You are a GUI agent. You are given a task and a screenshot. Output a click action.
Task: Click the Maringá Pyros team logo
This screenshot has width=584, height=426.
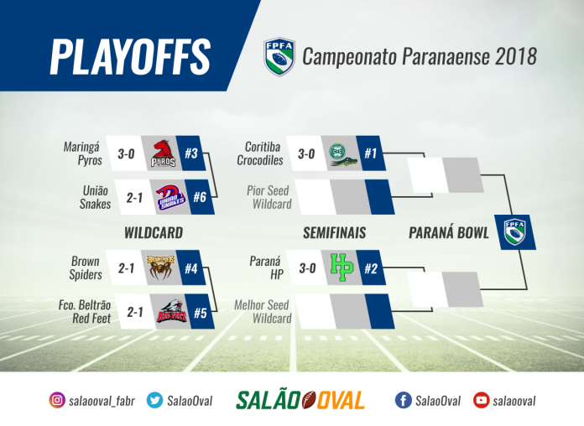click(163, 153)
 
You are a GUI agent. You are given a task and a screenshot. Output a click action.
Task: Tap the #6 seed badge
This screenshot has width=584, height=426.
click(201, 197)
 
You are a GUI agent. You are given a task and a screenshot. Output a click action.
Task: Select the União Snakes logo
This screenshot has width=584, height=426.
click(170, 197)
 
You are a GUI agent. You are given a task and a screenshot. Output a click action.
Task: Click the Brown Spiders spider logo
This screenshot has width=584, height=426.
click(160, 268)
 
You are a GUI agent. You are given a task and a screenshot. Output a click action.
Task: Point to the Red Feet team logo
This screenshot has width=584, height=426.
click(171, 312)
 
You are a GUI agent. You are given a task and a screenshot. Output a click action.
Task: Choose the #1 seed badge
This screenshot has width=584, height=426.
click(371, 153)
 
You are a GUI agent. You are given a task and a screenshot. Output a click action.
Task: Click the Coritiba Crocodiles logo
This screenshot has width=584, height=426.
click(342, 153)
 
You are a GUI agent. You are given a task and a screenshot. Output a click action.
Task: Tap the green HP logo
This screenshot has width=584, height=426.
click(342, 268)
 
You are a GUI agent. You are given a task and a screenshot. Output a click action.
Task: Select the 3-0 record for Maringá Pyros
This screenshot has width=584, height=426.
click(126, 153)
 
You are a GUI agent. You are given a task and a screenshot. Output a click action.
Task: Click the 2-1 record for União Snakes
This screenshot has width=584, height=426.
click(134, 197)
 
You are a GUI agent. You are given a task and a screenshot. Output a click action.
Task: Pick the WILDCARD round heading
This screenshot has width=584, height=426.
click(154, 233)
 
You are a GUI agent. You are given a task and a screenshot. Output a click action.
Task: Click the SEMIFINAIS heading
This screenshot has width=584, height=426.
click(335, 233)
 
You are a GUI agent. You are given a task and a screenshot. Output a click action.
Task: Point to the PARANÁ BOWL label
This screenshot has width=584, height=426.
click(449, 233)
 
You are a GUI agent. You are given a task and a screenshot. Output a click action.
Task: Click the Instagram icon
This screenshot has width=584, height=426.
click(57, 400)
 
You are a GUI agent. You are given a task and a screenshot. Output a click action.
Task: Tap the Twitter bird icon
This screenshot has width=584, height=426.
click(154, 400)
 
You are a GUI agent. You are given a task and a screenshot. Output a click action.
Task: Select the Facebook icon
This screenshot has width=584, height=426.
click(403, 400)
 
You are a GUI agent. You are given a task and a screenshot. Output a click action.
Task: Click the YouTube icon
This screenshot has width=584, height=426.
click(481, 400)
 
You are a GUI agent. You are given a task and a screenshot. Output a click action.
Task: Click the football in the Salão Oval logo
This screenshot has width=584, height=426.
click(309, 400)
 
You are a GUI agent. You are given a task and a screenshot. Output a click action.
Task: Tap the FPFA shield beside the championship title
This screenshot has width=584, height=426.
click(279, 56)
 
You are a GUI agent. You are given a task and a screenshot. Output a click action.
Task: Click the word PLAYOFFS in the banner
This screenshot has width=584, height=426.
click(130, 56)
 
